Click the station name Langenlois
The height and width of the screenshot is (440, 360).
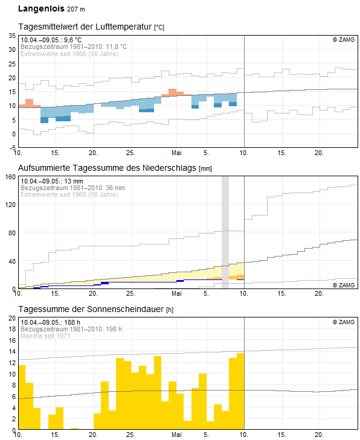pos(41,8)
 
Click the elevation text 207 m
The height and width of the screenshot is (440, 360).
pos(76,9)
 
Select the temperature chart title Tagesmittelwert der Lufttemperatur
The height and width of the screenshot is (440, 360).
pos(85,27)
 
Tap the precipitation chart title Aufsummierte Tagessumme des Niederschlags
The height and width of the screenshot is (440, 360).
pos(108,168)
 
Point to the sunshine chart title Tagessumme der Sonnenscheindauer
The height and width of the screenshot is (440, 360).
pos(91,309)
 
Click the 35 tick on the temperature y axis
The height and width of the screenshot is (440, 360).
pos(12,36)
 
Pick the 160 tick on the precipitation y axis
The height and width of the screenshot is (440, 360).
pos(10,177)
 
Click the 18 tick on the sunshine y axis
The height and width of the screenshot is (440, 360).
pos(12,329)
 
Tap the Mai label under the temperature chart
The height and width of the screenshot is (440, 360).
pos(176,153)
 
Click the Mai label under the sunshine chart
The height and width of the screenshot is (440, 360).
pos(176,435)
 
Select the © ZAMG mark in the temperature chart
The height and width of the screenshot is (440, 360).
pos(344,40)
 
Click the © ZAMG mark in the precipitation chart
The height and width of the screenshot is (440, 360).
pos(344,285)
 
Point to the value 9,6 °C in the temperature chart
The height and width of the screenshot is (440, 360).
pos(72,40)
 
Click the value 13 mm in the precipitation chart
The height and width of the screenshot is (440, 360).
pos(74,181)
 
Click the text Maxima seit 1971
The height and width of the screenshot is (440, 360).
pos(45,336)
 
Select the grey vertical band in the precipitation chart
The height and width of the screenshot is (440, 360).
pos(225,232)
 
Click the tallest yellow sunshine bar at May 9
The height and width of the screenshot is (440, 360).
pos(240,391)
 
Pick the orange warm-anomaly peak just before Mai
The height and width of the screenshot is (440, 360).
pos(172,92)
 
